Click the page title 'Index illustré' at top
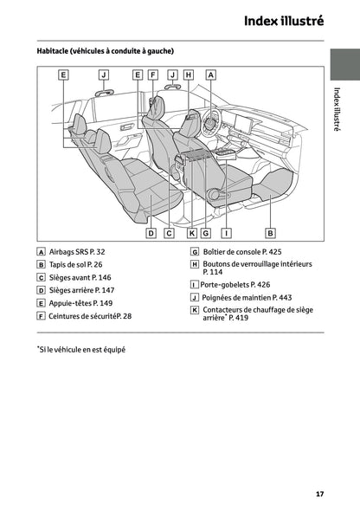(283, 21)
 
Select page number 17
(319, 495)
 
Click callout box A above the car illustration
(211, 75)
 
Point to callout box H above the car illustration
(189, 75)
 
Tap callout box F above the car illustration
(153, 75)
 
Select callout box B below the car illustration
(270, 233)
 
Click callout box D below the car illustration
(151, 233)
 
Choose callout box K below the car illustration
(191, 233)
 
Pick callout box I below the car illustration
(226, 233)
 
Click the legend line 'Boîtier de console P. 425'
(243, 251)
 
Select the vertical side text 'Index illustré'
(337, 109)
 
